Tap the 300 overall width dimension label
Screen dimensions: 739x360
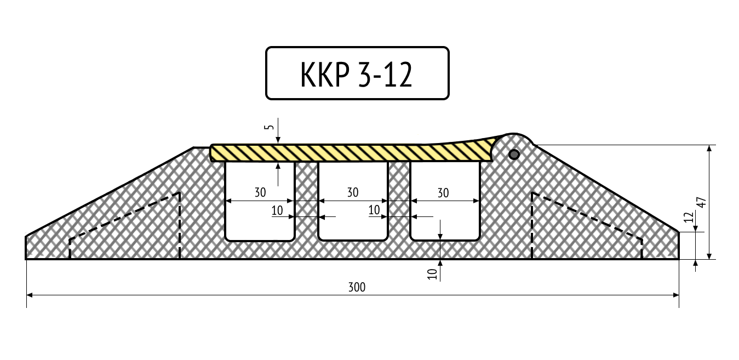[x=357, y=288]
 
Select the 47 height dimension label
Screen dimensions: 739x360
[x=702, y=202]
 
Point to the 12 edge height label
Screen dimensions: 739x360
[x=689, y=217]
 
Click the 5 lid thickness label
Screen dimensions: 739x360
[x=270, y=127]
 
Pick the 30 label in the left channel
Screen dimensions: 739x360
[x=260, y=192]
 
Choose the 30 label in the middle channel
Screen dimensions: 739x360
[x=353, y=192]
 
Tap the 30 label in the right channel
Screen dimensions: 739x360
[x=443, y=193]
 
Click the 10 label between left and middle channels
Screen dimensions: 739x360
[x=277, y=210]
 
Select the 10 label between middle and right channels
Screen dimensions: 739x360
[x=374, y=210]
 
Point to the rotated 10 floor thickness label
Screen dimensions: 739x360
[x=432, y=274]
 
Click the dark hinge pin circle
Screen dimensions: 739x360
[x=514, y=155]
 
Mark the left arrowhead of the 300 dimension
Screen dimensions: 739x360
[x=30, y=295]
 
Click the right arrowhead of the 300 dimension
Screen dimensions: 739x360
[x=676, y=295]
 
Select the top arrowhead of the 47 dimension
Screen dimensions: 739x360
[x=709, y=148]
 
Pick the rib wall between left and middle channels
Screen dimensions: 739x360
[x=306, y=201]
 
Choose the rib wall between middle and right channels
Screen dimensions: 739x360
[x=399, y=201]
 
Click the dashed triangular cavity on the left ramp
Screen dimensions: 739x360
[x=124, y=226]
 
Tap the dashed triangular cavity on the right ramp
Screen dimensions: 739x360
[x=587, y=226]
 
